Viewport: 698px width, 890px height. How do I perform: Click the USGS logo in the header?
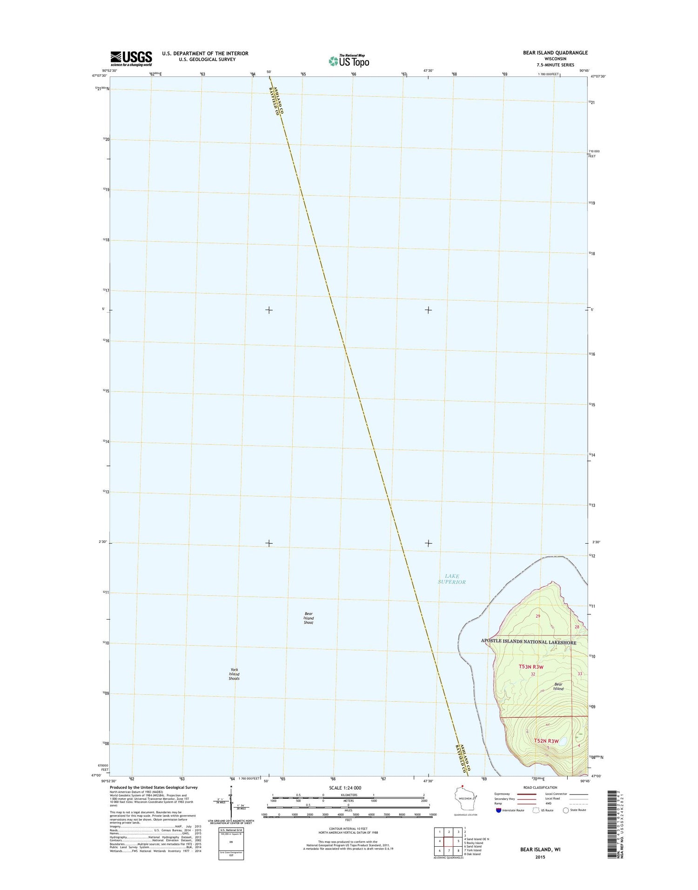[x=131, y=57]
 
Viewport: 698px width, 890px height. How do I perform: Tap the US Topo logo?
[x=349, y=61]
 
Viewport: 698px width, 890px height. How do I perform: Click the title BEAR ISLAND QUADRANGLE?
[x=555, y=53]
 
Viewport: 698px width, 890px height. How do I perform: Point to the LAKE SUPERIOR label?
[x=451, y=579]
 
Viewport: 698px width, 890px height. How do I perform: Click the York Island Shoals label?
[x=234, y=674]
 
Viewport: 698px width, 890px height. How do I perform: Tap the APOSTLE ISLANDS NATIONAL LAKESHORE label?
[x=528, y=642]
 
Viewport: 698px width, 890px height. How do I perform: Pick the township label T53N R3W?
[x=531, y=667]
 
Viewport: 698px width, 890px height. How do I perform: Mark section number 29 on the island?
[x=538, y=616]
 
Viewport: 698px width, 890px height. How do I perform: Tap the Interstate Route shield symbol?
[x=499, y=810]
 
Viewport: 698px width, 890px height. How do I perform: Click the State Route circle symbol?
[x=566, y=810]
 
